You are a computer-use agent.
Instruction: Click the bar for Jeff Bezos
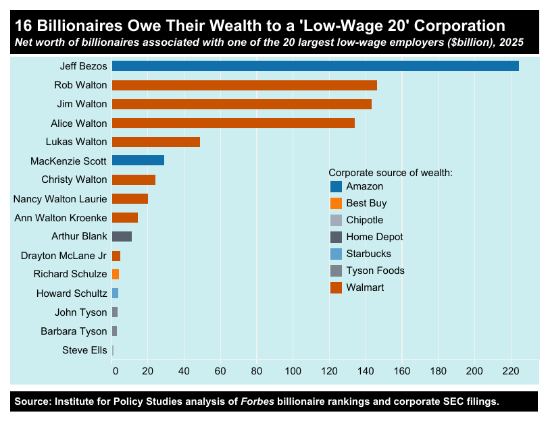(x=315, y=66)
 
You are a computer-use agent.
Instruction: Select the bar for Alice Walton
(x=233, y=123)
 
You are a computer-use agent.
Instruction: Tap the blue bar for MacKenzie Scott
(x=138, y=161)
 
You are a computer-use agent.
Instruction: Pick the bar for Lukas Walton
(x=156, y=142)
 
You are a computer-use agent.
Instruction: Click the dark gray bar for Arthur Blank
(x=122, y=236)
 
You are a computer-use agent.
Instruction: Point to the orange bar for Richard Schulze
(x=116, y=274)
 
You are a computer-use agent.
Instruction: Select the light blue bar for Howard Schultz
(x=115, y=293)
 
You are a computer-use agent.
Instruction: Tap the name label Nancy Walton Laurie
(x=61, y=198)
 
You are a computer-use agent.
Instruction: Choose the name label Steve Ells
(x=84, y=349)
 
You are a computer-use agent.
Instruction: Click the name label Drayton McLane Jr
(x=64, y=255)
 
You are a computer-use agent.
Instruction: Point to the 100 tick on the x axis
(x=293, y=370)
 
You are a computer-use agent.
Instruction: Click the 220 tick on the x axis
(x=511, y=370)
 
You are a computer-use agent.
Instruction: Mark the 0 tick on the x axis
(x=115, y=370)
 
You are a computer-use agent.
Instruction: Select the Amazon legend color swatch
(x=336, y=186)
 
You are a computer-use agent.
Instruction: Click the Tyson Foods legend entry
(x=375, y=271)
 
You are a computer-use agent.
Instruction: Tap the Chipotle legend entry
(x=364, y=220)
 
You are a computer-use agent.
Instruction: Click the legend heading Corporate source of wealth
(x=390, y=173)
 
